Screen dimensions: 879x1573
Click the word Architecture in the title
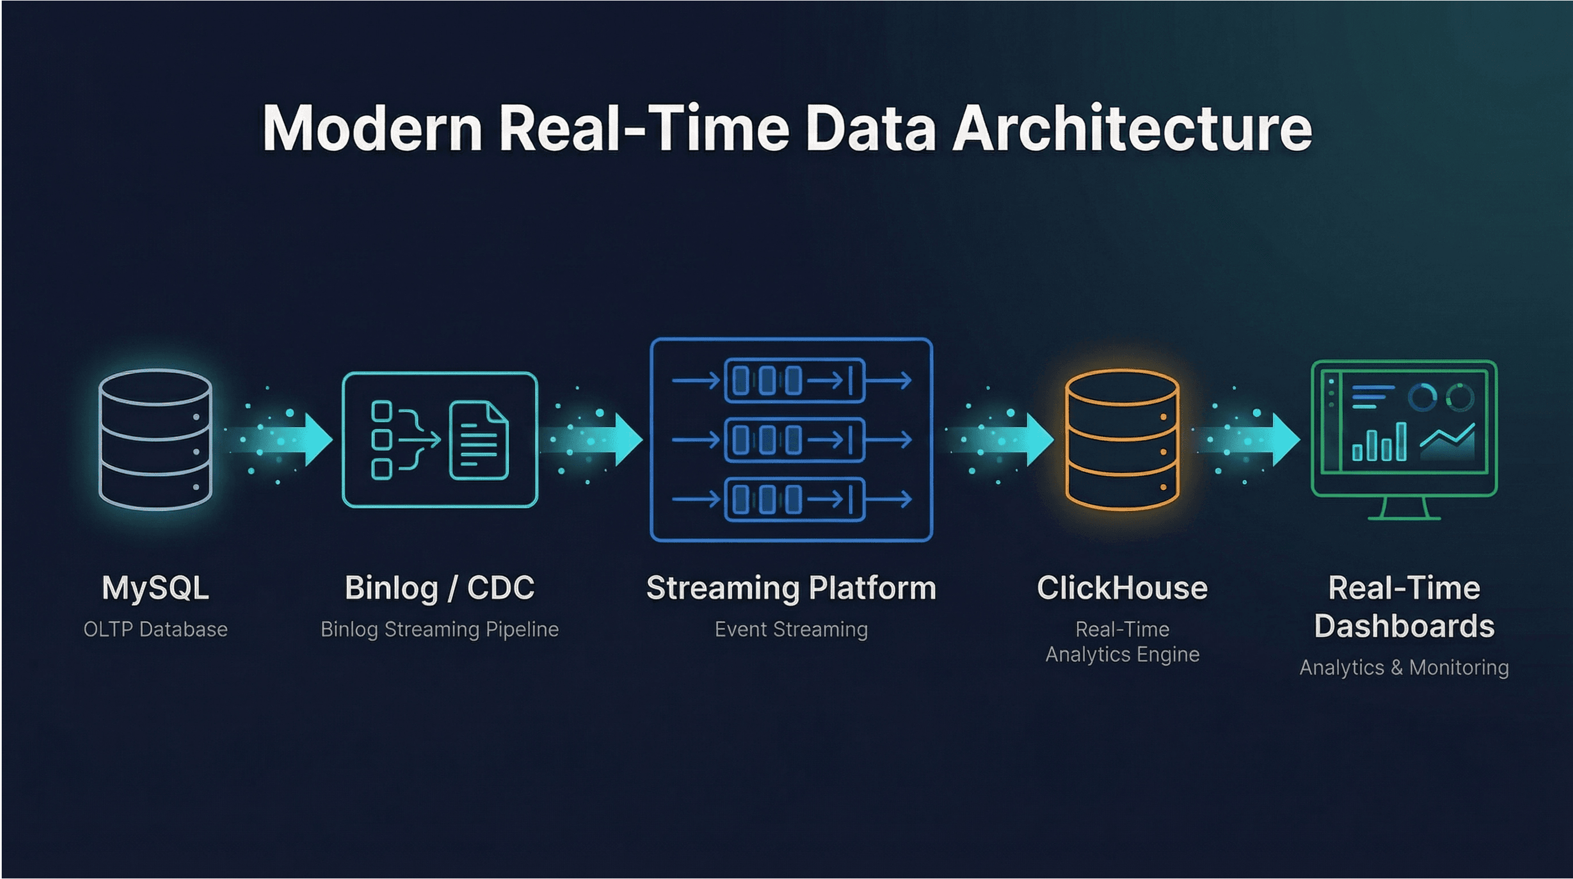click(1131, 128)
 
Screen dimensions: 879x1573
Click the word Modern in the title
click(372, 128)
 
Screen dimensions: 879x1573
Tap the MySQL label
click(156, 588)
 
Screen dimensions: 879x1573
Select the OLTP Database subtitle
click(156, 629)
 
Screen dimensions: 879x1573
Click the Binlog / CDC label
click(440, 588)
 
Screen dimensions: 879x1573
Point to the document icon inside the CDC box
click(479, 440)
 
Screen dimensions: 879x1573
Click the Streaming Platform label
click(792, 588)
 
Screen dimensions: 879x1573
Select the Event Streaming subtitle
click(792, 629)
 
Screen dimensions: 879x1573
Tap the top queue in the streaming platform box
click(794, 381)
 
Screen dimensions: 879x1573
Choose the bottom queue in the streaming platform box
click(794, 500)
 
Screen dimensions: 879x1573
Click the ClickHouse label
click(1122, 588)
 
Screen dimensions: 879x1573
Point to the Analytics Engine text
click(1122, 654)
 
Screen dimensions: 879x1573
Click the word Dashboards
click(1405, 626)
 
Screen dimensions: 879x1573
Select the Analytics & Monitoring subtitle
click(1405, 668)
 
